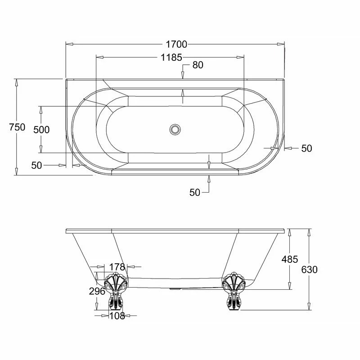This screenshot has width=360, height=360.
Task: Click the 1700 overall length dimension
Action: [x=176, y=44]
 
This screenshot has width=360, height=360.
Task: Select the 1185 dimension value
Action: [x=171, y=57]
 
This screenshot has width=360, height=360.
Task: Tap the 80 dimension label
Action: [x=198, y=65]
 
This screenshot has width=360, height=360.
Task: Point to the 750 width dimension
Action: [x=17, y=127]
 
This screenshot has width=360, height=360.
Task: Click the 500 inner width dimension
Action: [x=41, y=130]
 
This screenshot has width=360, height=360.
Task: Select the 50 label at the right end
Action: [x=306, y=148]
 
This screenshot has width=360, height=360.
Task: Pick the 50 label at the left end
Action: [x=36, y=166]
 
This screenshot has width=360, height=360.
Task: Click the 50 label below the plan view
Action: [x=194, y=192]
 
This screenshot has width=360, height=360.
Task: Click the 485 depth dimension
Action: [x=290, y=259]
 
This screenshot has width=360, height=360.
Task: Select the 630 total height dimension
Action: [x=310, y=270]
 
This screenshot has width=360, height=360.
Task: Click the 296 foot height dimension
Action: [x=97, y=291]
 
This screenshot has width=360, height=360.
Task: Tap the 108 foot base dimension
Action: [x=117, y=316]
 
